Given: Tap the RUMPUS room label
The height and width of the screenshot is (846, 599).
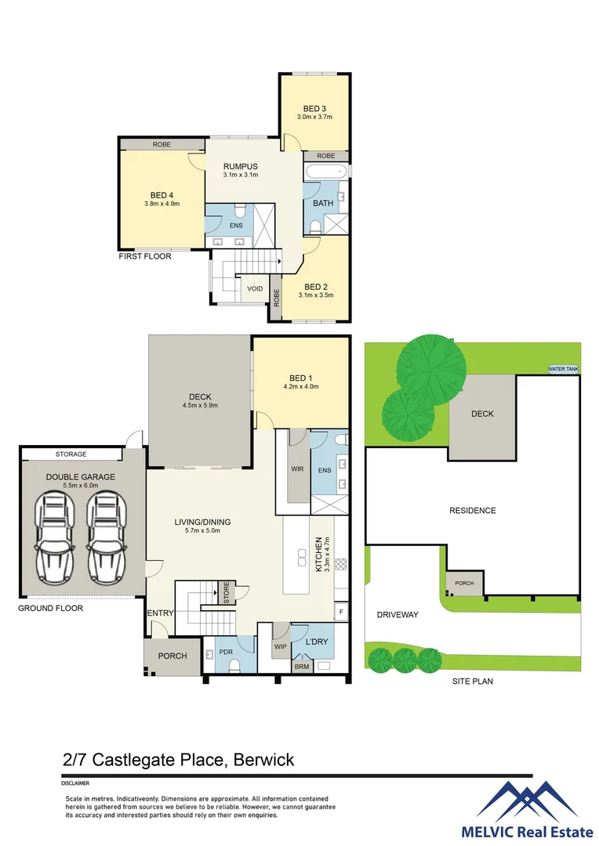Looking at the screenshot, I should pyautogui.click(x=240, y=166).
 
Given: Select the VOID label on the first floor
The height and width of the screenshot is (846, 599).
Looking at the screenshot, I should pyautogui.click(x=255, y=288).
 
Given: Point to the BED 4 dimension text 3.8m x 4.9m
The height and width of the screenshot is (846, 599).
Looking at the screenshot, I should pyautogui.click(x=162, y=204).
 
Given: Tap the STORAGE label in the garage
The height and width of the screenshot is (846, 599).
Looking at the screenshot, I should pyautogui.click(x=71, y=454).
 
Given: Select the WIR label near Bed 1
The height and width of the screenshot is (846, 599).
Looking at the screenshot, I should pyautogui.click(x=297, y=469).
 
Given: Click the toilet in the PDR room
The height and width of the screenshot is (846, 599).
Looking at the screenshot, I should pyautogui.click(x=234, y=667).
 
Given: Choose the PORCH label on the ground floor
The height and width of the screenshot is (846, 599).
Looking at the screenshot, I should pyautogui.click(x=172, y=656).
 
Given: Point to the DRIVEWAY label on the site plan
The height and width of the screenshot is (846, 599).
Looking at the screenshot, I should pyautogui.click(x=397, y=615).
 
